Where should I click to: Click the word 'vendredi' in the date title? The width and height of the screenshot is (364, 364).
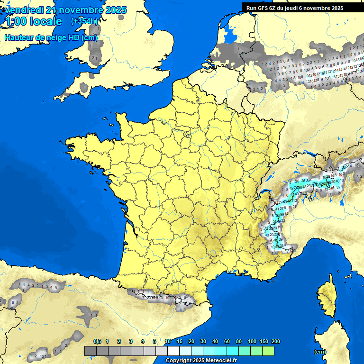(x=23, y=10)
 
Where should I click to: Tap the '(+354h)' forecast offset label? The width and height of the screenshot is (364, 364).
(x=84, y=21)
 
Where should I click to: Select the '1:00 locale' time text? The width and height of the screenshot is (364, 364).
(x=33, y=21)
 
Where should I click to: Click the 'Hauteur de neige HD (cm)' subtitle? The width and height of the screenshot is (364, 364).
(x=51, y=38)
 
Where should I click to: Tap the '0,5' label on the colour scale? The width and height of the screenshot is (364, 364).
(x=98, y=341)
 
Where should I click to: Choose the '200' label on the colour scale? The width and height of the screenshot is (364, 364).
(x=275, y=341)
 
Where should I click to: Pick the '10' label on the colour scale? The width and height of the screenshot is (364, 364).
(x=168, y=341)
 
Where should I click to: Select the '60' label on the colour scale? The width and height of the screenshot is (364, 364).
(x=227, y=341)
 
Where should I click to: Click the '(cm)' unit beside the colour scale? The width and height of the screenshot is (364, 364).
(x=320, y=352)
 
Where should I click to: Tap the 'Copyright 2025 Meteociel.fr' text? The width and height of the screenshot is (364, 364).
(x=201, y=361)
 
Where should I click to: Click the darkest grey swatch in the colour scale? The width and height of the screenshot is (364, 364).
(x=90, y=351)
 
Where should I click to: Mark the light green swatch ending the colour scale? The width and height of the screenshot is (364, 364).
(x=268, y=351)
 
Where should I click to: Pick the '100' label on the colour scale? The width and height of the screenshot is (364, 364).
(x=252, y=341)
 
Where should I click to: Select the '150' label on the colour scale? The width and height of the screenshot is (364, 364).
(x=264, y=341)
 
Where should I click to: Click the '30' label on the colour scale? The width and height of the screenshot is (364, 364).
(x=203, y=341)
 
